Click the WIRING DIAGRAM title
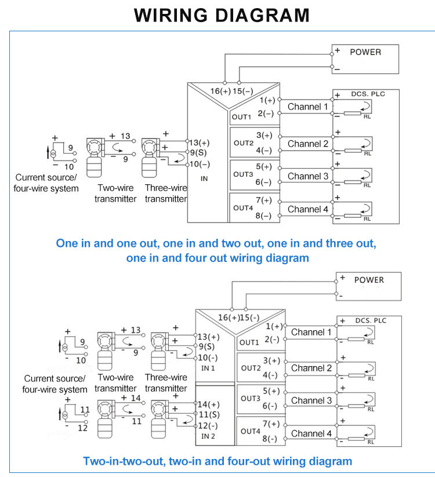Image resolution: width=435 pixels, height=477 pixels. (x=222, y=14)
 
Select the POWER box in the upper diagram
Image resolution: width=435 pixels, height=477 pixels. (x=365, y=59)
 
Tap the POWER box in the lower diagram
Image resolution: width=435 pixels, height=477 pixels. (x=368, y=286)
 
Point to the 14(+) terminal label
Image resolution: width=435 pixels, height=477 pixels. (x=209, y=404)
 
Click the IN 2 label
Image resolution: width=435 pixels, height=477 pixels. (x=208, y=435)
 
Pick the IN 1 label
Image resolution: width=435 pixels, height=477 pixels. (x=208, y=368)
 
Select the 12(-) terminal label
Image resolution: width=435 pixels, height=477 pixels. (x=208, y=425)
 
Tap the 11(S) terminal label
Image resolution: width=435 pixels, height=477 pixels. (x=208, y=415)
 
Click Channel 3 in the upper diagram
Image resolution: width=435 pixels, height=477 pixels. (x=307, y=176)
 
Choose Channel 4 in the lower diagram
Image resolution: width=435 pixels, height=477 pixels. (x=311, y=434)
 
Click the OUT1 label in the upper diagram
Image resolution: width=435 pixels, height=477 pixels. (x=241, y=116)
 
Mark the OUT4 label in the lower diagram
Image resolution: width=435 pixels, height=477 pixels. (x=251, y=431)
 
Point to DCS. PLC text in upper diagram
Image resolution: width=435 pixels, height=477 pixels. (x=367, y=93)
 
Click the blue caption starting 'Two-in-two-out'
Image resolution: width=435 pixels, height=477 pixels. (x=217, y=461)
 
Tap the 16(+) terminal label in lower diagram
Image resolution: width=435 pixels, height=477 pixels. (x=229, y=317)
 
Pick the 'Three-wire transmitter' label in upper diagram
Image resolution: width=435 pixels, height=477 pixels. (x=166, y=194)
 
